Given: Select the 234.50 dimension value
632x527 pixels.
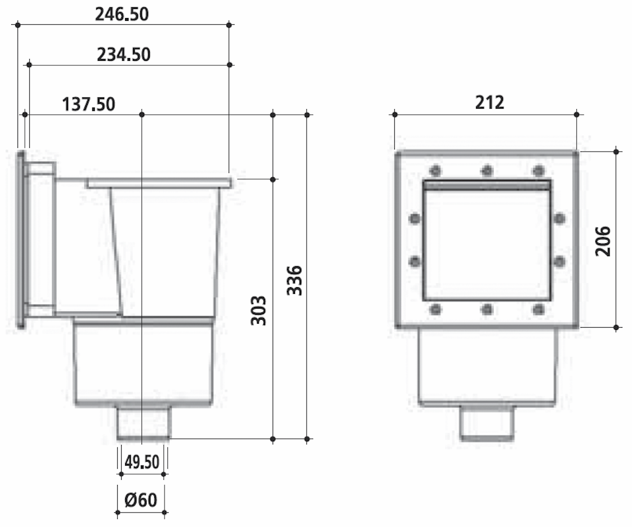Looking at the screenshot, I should [x=124, y=55].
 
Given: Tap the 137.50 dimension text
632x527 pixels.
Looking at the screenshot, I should [x=88, y=105].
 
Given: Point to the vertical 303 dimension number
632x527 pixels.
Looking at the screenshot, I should [x=258, y=311].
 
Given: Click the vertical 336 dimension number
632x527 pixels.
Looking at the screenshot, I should [x=294, y=280].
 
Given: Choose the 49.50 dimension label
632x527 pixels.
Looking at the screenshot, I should [x=141, y=463].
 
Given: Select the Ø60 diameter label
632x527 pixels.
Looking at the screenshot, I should [x=141, y=500].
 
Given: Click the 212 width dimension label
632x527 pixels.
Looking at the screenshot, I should [x=489, y=102].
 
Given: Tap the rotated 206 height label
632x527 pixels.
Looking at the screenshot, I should [x=603, y=241].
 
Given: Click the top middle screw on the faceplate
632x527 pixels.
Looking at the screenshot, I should [x=487, y=171].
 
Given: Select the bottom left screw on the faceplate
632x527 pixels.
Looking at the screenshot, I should [x=435, y=309].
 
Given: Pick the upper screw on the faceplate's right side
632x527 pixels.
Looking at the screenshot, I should [x=559, y=218].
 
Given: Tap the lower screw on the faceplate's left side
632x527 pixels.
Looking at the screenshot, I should [x=415, y=261].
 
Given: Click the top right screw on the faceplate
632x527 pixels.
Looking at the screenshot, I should [x=539, y=171].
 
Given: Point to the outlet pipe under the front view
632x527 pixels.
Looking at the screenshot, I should [x=487, y=423].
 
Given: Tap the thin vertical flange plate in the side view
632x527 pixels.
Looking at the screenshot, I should [x=20, y=239].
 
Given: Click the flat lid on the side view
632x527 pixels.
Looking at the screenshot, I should [x=159, y=183].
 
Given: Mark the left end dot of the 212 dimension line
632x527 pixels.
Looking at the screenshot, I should [x=395, y=115].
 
